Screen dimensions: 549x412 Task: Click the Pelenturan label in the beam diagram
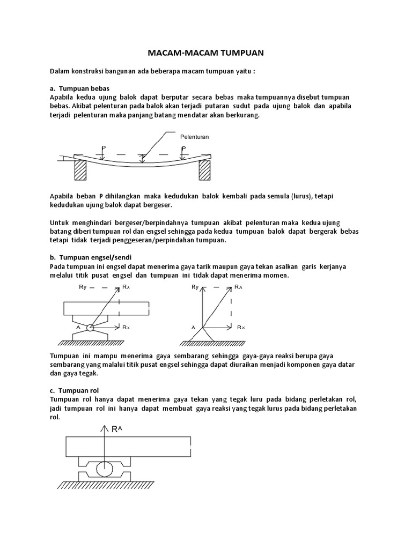[194, 137]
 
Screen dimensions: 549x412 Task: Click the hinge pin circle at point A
[90, 327]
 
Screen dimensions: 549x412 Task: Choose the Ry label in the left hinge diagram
[83, 287]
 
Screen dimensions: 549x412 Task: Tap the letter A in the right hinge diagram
[193, 327]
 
